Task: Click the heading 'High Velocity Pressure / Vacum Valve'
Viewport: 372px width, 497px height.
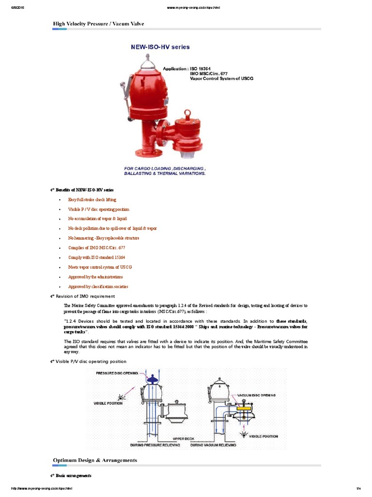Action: click(x=98, y=23)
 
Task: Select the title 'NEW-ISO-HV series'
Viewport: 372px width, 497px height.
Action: click(x=160, y=47)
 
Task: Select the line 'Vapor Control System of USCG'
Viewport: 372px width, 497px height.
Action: click(x=221, y=78)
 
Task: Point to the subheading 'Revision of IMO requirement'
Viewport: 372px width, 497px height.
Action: click(x=85, y=296)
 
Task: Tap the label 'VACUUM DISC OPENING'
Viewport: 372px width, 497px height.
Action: click(x=256, y=396)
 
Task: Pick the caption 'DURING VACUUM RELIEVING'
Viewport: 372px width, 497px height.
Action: click(x=213, y=445)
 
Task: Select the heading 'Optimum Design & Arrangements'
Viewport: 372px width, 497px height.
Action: click(x=95, y=460)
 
